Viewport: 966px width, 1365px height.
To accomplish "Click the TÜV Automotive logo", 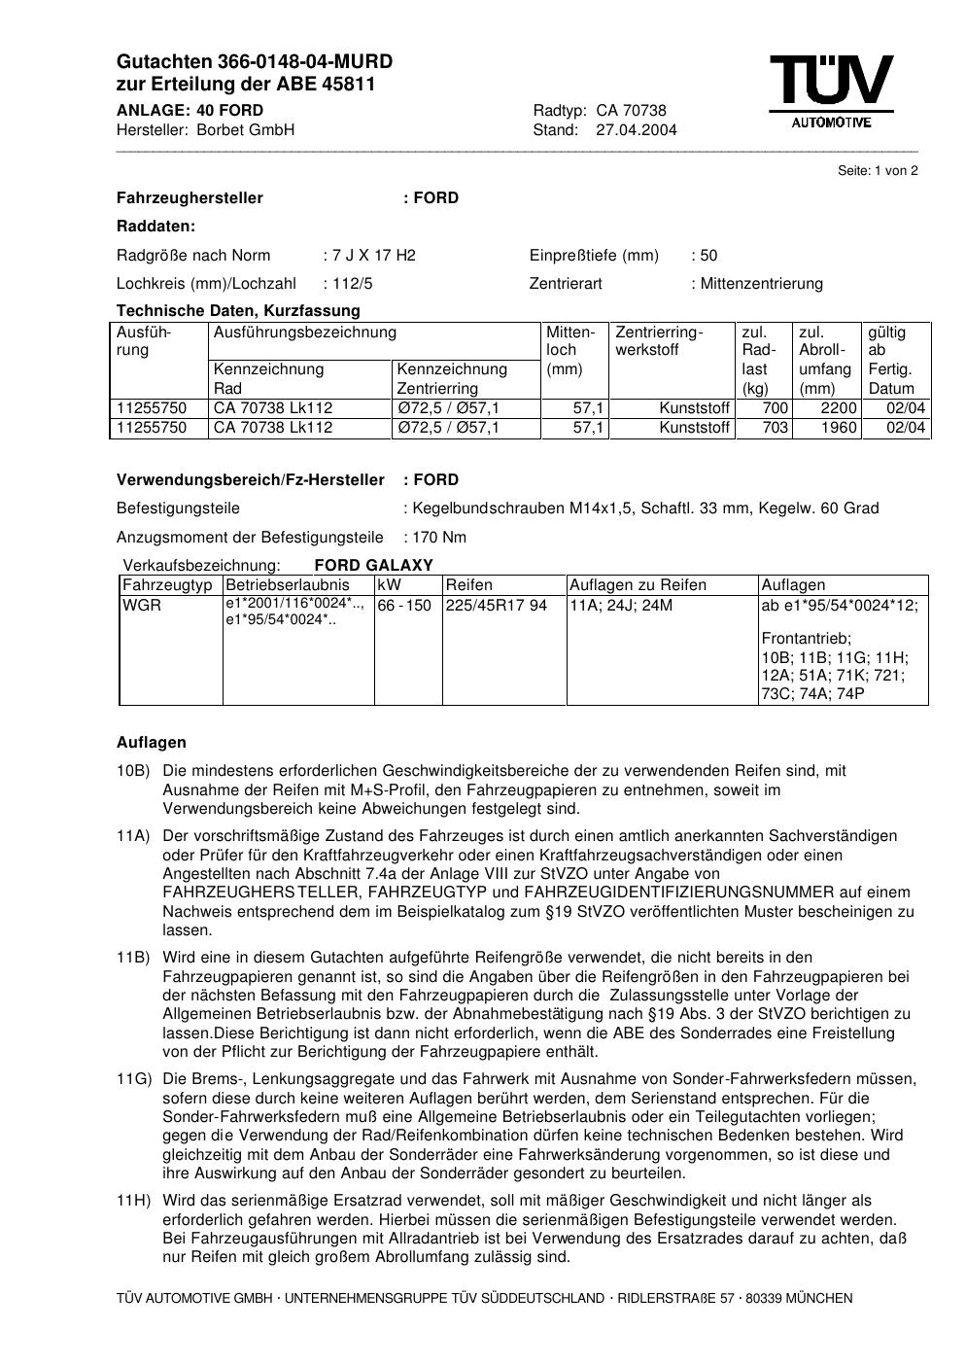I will pos(832,90).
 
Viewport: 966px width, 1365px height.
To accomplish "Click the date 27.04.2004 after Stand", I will pos(637,130).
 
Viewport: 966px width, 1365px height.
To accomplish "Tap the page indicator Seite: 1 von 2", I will pos(878,171).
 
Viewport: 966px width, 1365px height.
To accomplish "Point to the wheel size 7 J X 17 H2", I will pos(373,256).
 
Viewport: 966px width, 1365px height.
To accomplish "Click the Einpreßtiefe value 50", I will pos(707,256).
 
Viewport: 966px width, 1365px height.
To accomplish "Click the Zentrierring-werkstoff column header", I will pos(658,341).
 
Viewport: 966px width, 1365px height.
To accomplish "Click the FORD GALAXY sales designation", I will pos(373,566).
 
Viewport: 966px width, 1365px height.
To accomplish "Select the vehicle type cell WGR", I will pos(142,606).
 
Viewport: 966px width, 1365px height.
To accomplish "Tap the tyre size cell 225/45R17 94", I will pos(496,606).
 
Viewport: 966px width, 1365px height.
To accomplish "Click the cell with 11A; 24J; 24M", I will pos(620,606).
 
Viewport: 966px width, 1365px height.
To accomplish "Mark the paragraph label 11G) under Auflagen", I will pos(134,1079).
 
